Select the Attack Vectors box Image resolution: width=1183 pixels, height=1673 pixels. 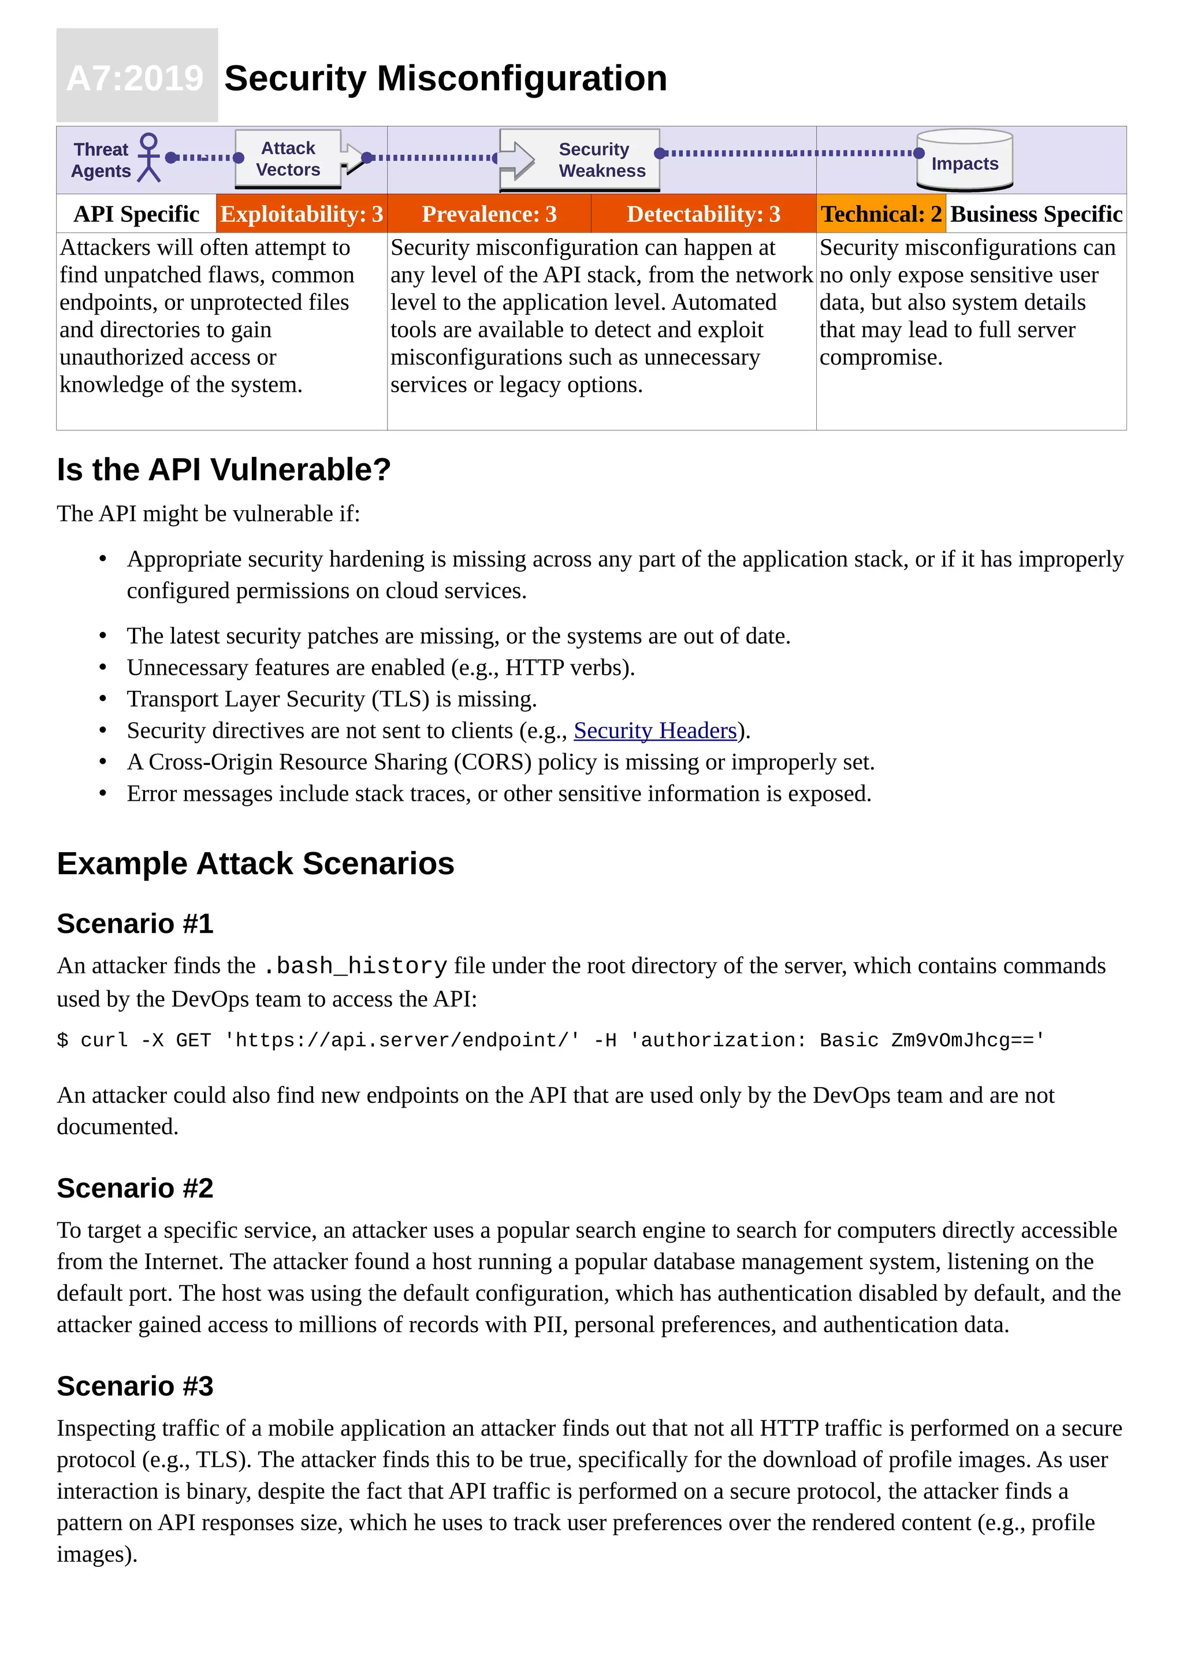pyautogui.click(x=288, y=159)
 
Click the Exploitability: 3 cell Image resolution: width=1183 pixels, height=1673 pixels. pyautogui.click(x=302, y=214)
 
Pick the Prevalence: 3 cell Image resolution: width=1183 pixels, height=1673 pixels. pyautogui.click(x=489, y=214)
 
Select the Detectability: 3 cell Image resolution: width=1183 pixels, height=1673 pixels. pyautogui.click(x=703, y=214)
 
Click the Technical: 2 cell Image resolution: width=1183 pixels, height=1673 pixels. pyautogui.click(x=881, y=214)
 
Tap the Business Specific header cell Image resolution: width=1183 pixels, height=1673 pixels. pyautogui.click(x=1035, y=214)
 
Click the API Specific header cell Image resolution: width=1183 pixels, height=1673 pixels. pyautogui.click(x=136, y=214)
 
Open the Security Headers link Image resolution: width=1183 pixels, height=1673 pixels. pyautogui.click(x=655, y=730)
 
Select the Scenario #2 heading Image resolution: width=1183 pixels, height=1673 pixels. pyautogui.click(x=135, y=1188)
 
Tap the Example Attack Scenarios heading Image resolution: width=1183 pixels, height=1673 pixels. pyautogui.click(x=255, y=864)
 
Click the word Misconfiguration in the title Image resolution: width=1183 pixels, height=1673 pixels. pyautogui.click(x=522, y=78)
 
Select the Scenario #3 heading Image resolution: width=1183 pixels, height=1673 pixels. pyautogui.click(x=135, y=1386)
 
